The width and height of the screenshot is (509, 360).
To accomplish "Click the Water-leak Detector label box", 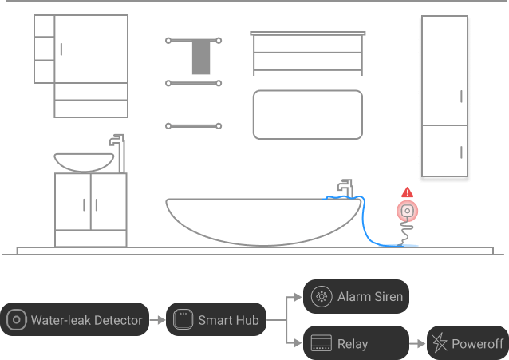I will (75, 320).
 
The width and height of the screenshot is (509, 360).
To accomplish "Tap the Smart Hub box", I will (216, 320).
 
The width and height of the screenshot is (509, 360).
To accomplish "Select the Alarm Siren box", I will (357, 297).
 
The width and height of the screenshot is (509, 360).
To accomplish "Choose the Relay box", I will (357, 343).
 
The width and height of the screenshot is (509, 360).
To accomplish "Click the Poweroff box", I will (468, 343).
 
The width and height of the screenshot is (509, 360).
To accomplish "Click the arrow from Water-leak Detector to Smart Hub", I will (157, 320).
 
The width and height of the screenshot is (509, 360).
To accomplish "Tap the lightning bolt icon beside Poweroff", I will (440, 343).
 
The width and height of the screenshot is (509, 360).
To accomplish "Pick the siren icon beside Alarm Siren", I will (322, 297).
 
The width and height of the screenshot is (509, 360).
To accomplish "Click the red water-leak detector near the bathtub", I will (408, 212).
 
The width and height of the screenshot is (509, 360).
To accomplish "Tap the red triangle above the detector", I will (408, 192).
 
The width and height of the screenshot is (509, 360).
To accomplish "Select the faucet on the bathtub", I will (345, 187).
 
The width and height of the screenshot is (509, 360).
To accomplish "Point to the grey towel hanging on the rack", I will (201, 57).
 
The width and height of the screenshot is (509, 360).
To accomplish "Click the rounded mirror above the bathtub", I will (307, 115).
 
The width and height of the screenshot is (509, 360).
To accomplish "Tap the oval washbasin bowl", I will (84, 161).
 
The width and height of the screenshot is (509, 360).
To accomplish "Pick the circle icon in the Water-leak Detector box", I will (16, 320).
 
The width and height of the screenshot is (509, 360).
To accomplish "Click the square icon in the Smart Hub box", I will (183, 320).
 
